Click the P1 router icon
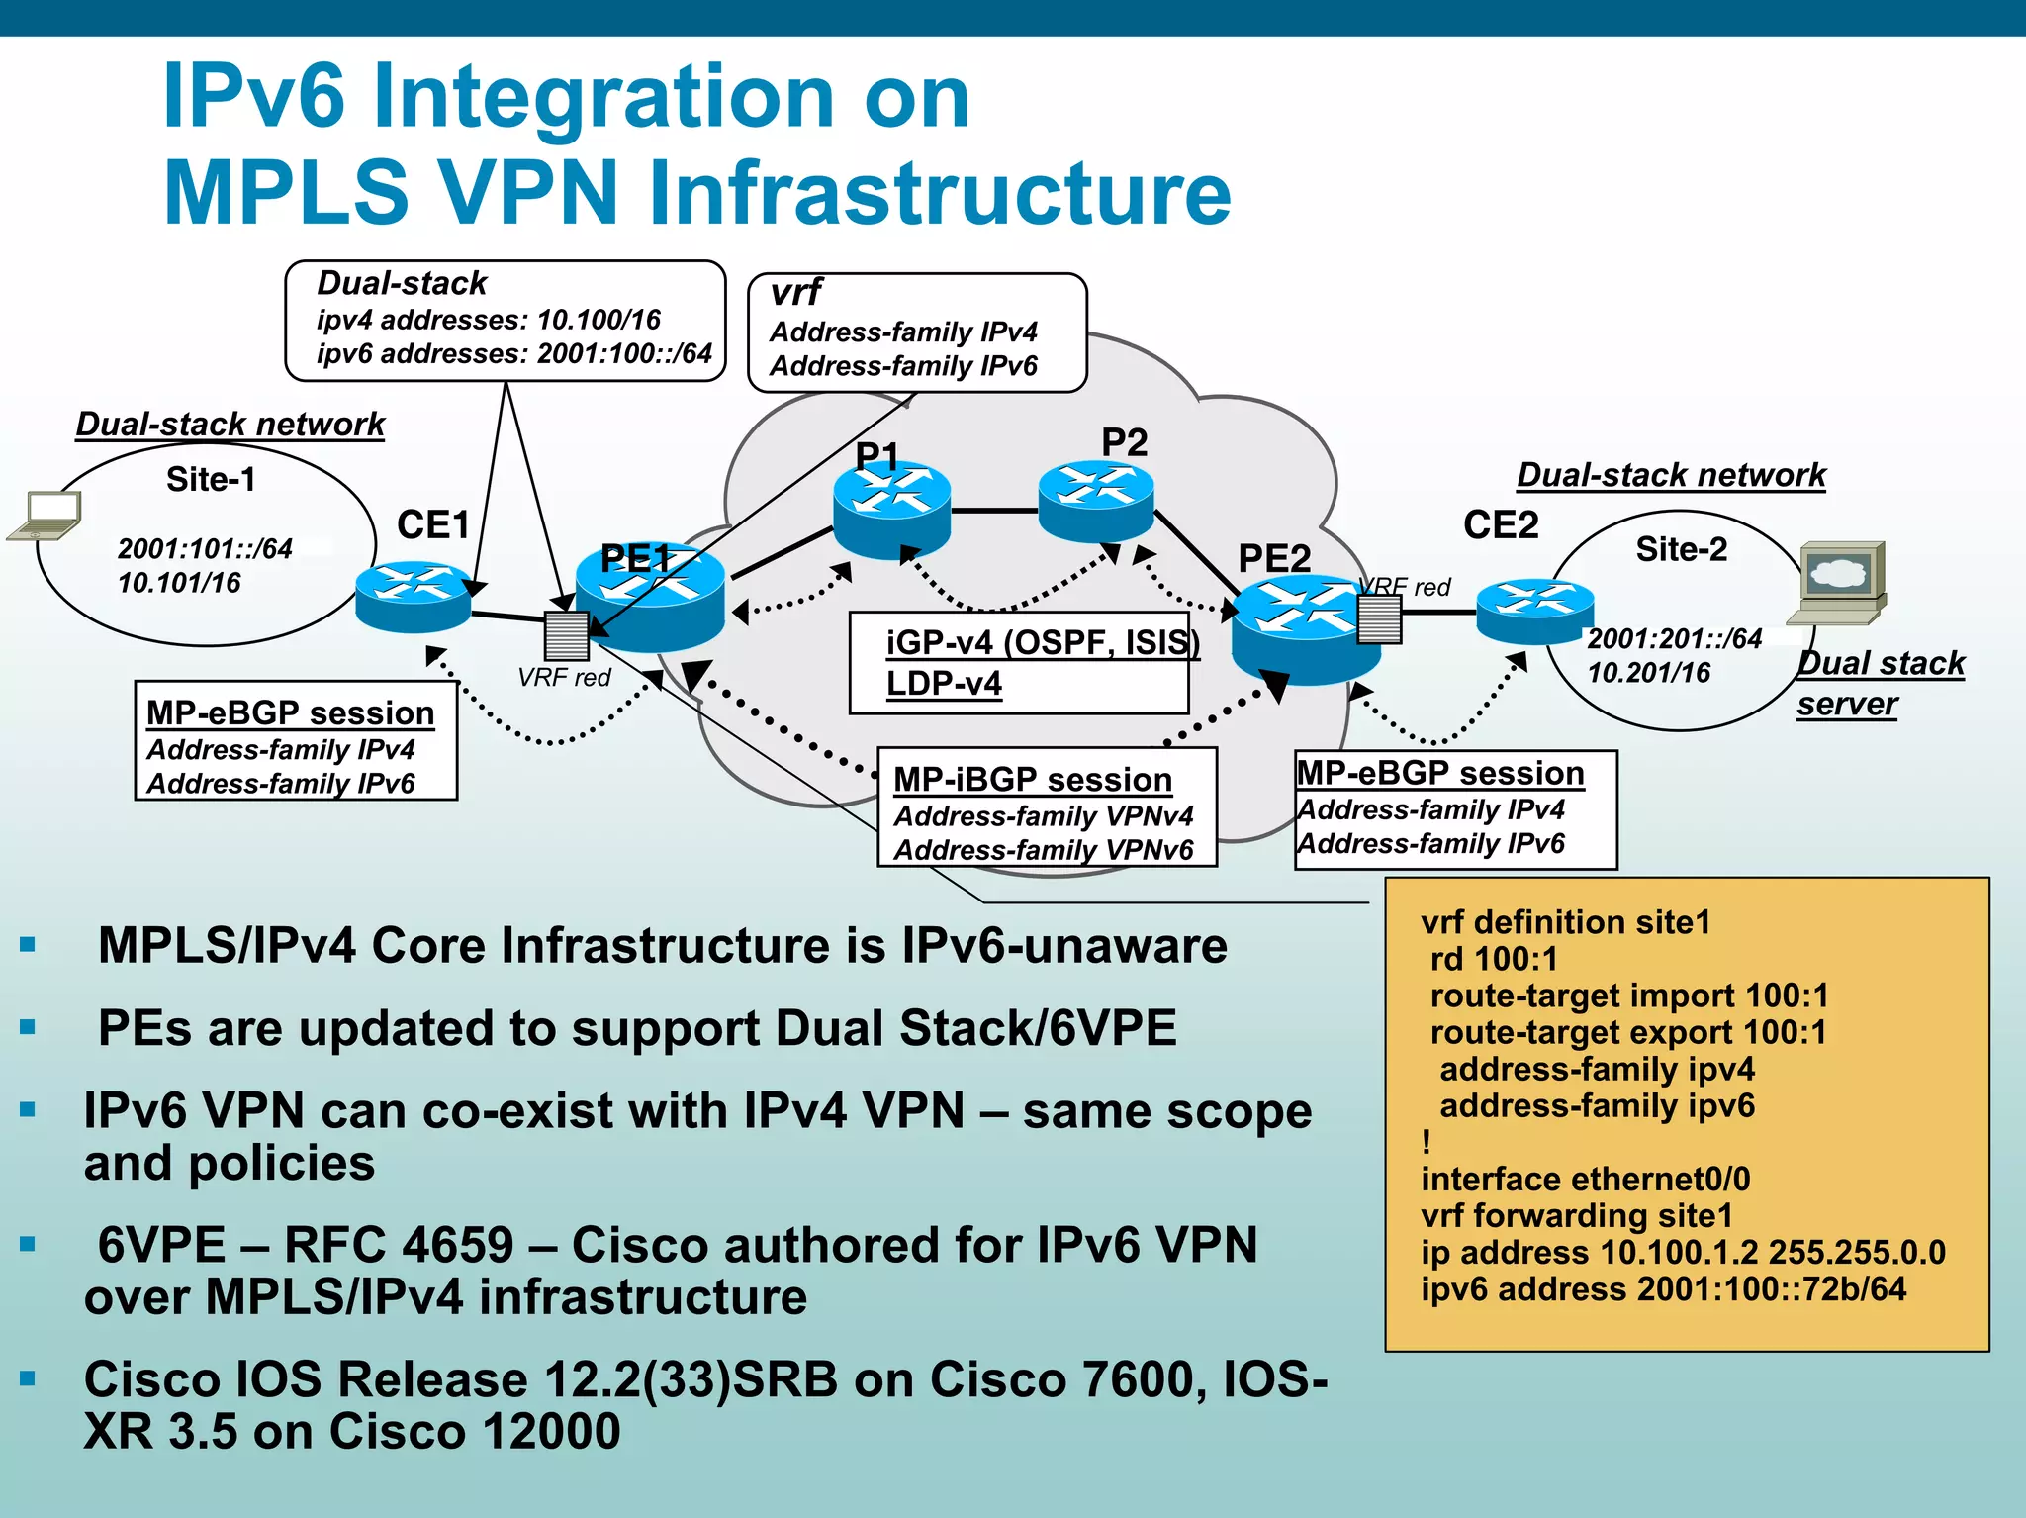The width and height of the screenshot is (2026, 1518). click(x=891, y=510)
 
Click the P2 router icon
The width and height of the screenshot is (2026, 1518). click(x=1096, y=502)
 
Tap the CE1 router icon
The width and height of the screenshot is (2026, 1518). click(x=414, y=597)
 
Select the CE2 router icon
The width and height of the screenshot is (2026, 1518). click(x=1534, y=611)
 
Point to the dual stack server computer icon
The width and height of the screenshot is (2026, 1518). click(x=1840, y=584)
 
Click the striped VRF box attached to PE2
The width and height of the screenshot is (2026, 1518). click(x=1379, y=619)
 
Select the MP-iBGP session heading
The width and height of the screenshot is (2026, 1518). click(x=1032, y=780)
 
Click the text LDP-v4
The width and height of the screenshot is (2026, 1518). click(x=944, y=684)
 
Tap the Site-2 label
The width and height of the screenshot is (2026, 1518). click(x=1681, y=549)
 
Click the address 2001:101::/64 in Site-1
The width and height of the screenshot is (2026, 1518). click(x=205, y=548)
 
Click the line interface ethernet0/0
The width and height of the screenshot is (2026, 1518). click(x=1585, y=1179)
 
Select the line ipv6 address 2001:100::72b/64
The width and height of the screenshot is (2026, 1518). click(x=1663, y=1289)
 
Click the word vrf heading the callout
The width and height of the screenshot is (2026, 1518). click(x=796, y=293)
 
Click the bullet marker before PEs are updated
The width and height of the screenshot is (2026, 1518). click(x=28, y=1028)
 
